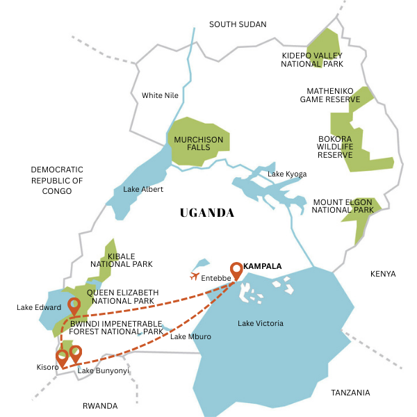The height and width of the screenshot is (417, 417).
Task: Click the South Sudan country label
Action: pyautogui.click(x=238, y=24)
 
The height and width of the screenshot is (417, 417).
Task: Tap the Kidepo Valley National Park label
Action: pyautogui.click(x=312, y=59)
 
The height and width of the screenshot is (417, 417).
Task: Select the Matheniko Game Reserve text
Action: pyautogui.click(x=330, y=95)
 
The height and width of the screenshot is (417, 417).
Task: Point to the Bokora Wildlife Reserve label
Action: pyautogui.click(x=334, y=146)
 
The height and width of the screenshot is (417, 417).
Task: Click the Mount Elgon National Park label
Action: pyautogui.click(x=343, y=206)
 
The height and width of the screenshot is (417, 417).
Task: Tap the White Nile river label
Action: pyautogui.click(x=161, y=95)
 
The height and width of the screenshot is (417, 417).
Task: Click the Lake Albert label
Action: pyautogui.click(x=143, y=189)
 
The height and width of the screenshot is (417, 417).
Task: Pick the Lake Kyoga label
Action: pyautogui.click(x=287, y=174)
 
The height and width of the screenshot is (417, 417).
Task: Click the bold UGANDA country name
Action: pyautogui.click(x=206, y=213)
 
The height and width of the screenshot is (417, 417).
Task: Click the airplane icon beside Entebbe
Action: pyautogui.click(x=195, y=277)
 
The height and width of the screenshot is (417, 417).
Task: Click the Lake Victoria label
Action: pyautogui.click(x=261, y=323)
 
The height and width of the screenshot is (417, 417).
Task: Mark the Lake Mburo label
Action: pyautogui.click(x=190, y=337)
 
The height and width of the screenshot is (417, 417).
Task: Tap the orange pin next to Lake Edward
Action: pyautogui.click(x=74, y=306)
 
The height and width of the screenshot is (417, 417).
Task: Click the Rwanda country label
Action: pyautogui.click(x=100, y=405)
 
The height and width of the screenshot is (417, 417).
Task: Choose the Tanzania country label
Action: pyautogui.click(x=350, y=393)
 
